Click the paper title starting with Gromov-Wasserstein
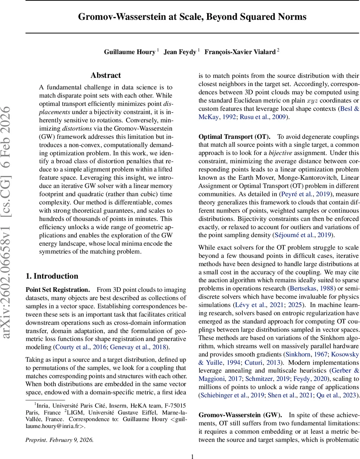(x=192, y=17)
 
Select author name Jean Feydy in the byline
(x=180, y=52)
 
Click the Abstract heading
(x=105, y=75)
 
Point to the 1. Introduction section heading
(x=52, y=276)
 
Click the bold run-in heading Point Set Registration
(x=57, y=290)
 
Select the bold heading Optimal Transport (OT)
(x=234, y=137)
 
